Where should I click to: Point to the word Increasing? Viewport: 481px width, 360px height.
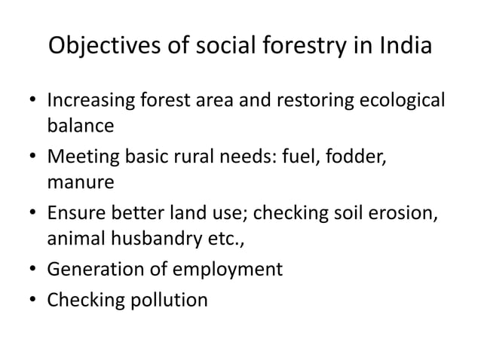[90, 100]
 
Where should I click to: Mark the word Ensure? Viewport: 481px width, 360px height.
[75, 214]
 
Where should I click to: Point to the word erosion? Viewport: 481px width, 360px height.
[404, 214]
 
